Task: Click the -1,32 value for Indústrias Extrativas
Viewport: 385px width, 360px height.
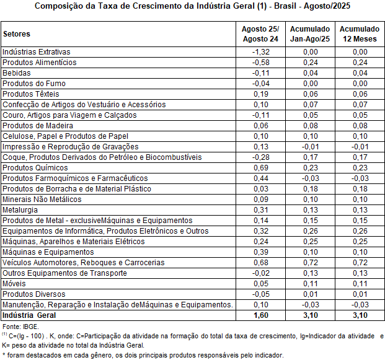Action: pos(260,51)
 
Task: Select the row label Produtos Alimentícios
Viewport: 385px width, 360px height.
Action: pos(40,62)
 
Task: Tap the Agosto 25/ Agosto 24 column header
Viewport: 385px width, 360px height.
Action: pos(260,34)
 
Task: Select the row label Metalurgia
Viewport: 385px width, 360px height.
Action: pos(20,210)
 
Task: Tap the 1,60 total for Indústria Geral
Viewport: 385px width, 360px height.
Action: pos(261,315)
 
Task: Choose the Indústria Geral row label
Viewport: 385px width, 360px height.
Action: pos(29,315)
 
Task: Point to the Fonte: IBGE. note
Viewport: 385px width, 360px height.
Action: pos(20,326)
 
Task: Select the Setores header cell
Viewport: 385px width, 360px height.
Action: pos(17,34)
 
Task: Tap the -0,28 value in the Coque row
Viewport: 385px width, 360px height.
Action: pos(260,157)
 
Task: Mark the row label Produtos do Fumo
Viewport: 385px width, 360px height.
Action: pos(34,83)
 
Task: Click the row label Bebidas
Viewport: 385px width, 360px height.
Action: pos(16,72)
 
